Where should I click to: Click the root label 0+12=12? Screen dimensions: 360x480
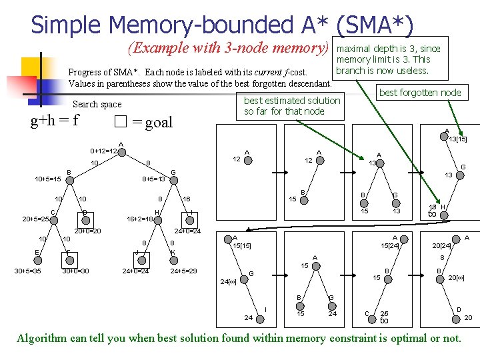click(103, 151)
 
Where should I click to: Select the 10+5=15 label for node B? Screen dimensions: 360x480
click(48, 179)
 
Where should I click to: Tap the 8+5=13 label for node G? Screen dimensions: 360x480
click(154, 179)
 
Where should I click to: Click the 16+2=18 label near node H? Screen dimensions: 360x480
click(141, 219)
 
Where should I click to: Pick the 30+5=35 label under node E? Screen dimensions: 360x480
click(28, 271)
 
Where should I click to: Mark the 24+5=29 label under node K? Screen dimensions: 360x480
click(185, 271)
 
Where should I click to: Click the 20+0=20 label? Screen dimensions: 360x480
click(87, 231)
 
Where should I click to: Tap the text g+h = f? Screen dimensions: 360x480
click(55, 121)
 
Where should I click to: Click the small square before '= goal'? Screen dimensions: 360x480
click(119, 122)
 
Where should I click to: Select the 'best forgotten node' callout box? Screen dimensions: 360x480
click(420, 93)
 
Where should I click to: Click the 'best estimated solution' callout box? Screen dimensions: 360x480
click(292, 106)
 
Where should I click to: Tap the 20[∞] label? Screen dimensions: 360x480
click(456, 277)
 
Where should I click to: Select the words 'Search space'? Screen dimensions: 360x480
click(97, 104)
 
